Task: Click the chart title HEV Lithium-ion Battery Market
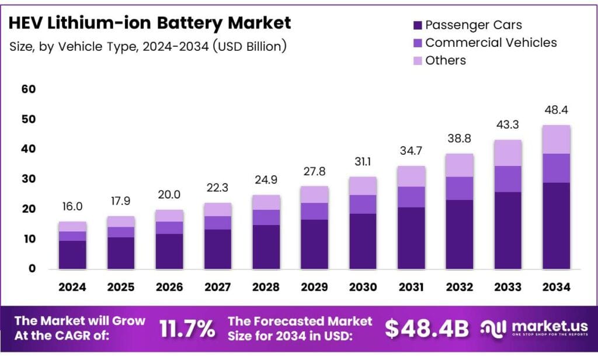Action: point(150,23)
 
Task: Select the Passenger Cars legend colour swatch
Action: point(417,25)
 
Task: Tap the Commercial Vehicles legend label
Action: point(491,43)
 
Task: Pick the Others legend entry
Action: point(446,60)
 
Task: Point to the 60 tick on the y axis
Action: point(29,89)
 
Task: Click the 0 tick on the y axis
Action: point(32,269)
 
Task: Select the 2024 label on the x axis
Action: point(72,287)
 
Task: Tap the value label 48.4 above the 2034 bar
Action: point(556,110)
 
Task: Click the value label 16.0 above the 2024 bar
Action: point(72,207)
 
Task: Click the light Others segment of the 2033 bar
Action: point(507,153)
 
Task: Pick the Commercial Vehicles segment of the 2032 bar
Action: point(459,188)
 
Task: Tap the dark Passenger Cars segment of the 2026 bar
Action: point(169,251)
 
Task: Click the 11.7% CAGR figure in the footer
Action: point(187,329)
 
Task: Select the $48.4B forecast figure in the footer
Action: point(426,329)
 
